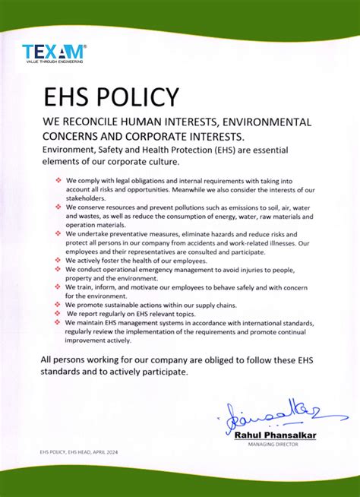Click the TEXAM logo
click(x=54, y=52)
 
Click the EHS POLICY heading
click(x=111, y=98)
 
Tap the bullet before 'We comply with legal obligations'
click(x=59, y=180)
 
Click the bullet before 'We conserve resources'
click(x=59, y=207)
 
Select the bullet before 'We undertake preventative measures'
click(x=59, y=233)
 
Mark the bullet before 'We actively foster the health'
click(x=59, y=260)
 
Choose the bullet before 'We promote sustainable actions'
click(x=59, y=304)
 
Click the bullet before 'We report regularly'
click(x=59, y=313)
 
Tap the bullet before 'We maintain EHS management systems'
click(x=59, y=322)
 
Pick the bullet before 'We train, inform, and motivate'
click(x=59, y=286)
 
